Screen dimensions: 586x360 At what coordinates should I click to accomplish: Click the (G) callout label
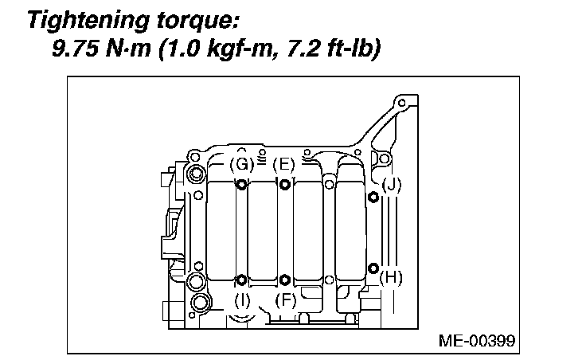(240, 165)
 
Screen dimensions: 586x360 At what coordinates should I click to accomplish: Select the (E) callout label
(283, 165)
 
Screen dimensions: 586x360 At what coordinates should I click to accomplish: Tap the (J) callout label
(391, 185)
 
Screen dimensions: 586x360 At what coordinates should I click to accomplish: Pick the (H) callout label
(391, 277)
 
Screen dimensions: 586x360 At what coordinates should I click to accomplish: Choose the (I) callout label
(242, 300)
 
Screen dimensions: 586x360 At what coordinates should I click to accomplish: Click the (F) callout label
(284, 300)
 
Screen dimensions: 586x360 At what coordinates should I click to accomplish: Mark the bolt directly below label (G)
(241, 186)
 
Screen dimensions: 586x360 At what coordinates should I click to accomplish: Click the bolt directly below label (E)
(284, 186)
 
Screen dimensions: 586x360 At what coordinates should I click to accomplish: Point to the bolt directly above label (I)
(241, 280)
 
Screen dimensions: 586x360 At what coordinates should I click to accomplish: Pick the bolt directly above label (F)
(284, 280)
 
